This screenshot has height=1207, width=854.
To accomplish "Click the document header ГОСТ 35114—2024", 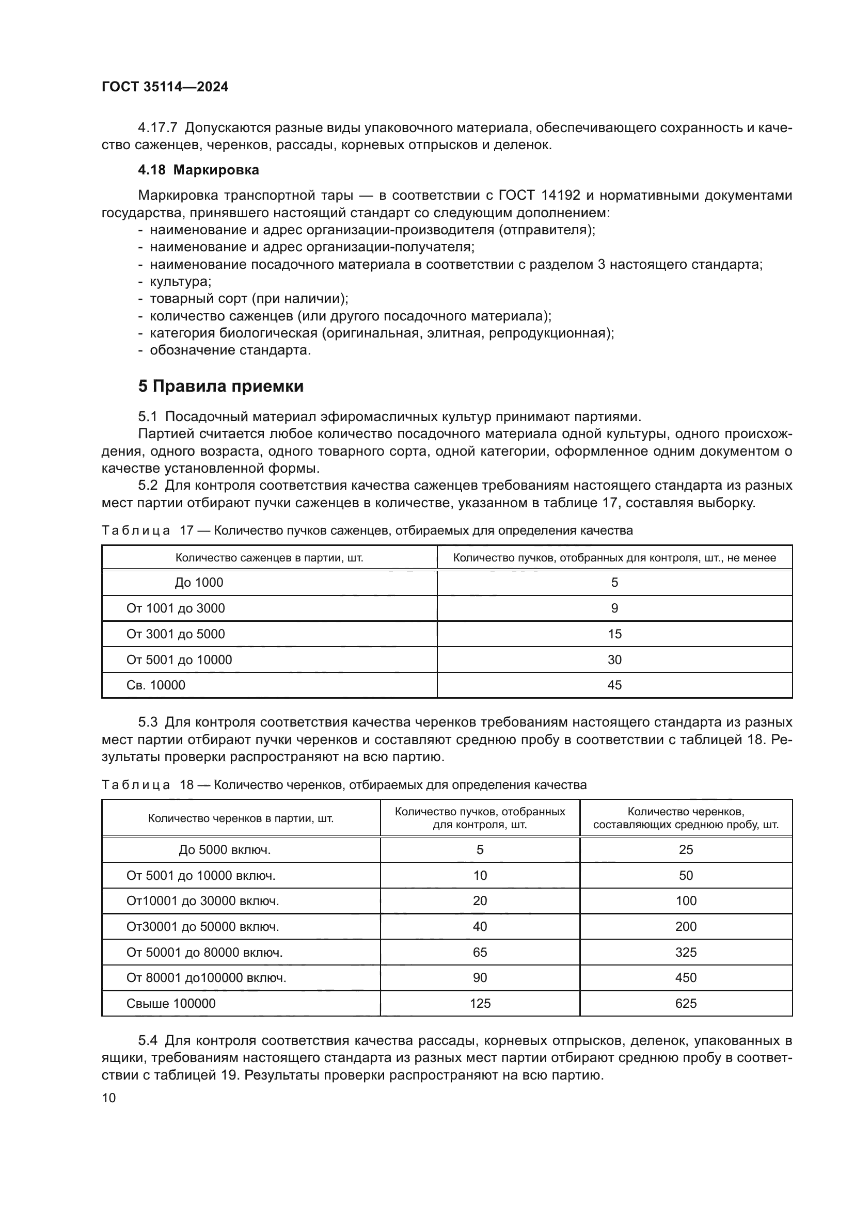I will click(x=165, y=87).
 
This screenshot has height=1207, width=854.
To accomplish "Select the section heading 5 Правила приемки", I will click(x=221, y=387).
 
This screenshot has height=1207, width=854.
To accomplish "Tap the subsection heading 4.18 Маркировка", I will click(x=198, y=170).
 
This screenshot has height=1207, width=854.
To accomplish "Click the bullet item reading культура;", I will click(x=180, y=281).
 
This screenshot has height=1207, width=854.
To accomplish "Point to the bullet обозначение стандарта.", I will click(x=230, y=350).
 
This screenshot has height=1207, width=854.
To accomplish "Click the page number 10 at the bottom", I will click(x=109, y=1098).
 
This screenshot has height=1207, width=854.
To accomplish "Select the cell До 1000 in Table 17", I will click(x=199, y=583).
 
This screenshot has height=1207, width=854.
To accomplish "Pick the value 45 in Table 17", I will click(x=614, y=685).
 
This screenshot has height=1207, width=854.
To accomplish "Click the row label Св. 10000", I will click(x=155, y=685).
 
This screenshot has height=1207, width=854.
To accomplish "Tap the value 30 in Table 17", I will click(x=614, y=660).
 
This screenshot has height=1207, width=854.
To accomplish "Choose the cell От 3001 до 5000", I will click(x=175, y=634).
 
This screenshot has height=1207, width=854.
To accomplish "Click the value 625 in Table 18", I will click(x=686, y=1004).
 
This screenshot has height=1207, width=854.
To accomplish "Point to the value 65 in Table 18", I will click(x=480, y=953).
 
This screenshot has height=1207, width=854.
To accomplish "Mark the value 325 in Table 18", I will click(x=686, y=953).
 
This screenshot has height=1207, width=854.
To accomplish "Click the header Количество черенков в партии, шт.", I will click(x=241, y=818).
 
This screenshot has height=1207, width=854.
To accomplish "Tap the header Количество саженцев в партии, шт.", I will click(x=269, y=558).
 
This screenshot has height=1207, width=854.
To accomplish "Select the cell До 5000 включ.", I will click(x=225, y=850).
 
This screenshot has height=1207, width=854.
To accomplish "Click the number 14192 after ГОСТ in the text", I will click(x=561, y=196).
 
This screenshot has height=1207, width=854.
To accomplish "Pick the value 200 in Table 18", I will click(x=686, y=927).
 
